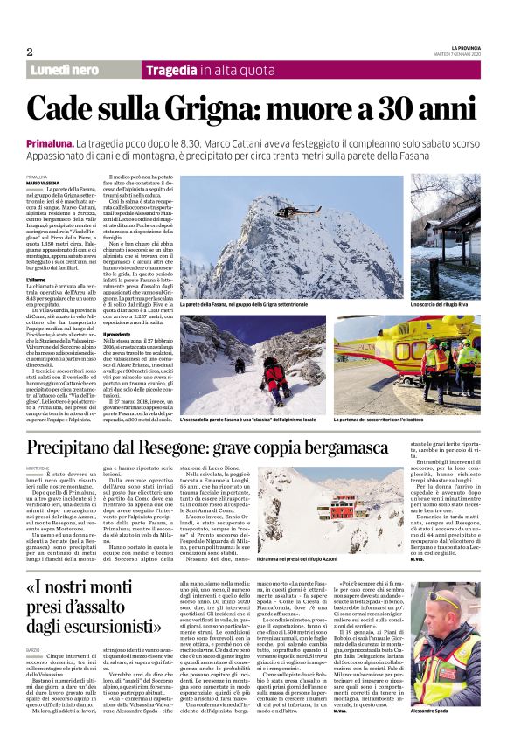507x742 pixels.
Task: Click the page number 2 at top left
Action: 29,52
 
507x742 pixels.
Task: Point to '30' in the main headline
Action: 405,108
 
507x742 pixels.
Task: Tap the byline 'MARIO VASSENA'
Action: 44,183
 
